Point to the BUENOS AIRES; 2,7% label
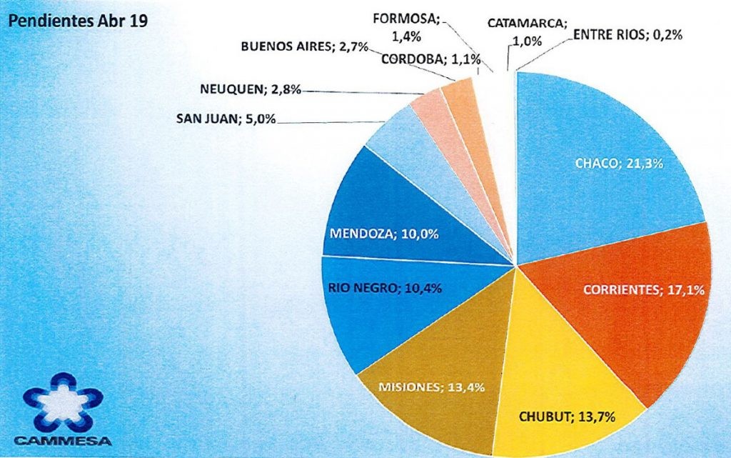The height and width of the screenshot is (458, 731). [304, 47]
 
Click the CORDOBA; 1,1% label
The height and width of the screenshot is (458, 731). [420, 59]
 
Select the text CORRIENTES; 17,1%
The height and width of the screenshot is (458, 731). [645, 291]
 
